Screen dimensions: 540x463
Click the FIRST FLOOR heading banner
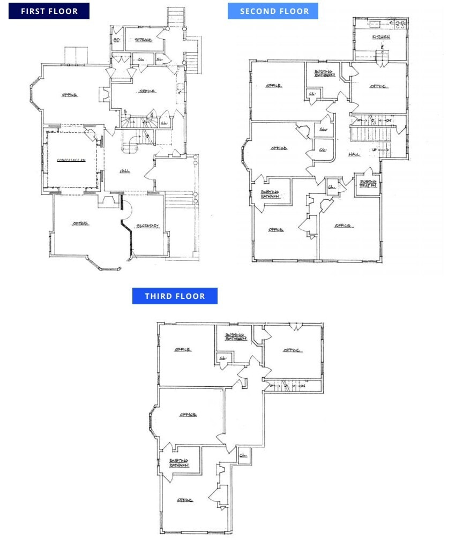pos(49,11)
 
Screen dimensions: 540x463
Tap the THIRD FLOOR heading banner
pos(175,296)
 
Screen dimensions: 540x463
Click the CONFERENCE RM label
pos(72,160)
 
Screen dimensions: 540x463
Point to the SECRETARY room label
pos(147,226)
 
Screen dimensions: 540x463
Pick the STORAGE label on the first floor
pos(143,40)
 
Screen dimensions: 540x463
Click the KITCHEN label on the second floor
pos(381,37)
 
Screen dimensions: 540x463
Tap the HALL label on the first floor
pos(125,171)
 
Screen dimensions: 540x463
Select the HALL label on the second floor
pos(354,154)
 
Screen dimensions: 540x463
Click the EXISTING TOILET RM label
pos(368,184)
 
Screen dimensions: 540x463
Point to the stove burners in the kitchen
pos(400,24)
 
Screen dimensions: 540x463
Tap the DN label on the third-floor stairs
pos(302,386)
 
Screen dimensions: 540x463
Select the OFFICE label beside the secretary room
pos(80,223)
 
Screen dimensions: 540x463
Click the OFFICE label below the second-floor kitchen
pos(378,86)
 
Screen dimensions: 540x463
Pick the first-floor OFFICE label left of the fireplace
pos(69,95)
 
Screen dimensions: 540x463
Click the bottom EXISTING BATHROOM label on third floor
pos(179,463)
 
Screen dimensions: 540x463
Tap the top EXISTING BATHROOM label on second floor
pos(325,73)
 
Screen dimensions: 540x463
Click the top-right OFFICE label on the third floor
pos(292,350)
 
